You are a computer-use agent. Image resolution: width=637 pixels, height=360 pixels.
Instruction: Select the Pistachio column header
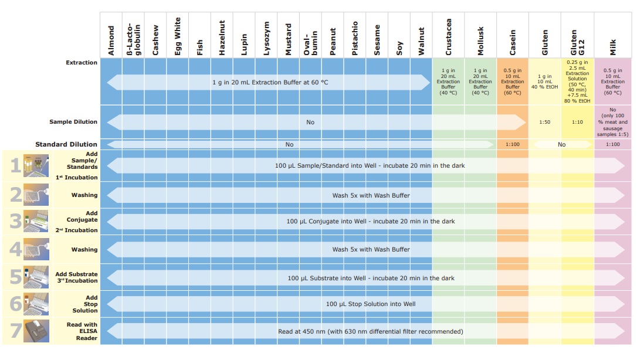[355, 40]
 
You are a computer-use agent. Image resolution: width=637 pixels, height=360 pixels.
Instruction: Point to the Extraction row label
[82, 63]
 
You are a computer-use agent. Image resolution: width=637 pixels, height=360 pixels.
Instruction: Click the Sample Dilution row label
[73, 122]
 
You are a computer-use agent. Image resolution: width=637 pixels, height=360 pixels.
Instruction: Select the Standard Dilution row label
[66, 144]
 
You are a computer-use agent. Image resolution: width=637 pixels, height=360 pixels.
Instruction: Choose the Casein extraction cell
[512, 81]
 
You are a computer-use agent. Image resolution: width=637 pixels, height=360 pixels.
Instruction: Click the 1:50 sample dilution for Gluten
[545, 122]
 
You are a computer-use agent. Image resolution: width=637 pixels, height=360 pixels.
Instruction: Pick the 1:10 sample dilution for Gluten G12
[578, 122]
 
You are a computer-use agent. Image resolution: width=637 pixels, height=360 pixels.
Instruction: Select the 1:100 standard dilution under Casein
[512, 144]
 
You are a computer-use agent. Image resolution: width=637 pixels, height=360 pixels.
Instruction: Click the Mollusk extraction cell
[480, 81]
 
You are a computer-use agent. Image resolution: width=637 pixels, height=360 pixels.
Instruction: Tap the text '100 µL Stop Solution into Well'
[371, 304]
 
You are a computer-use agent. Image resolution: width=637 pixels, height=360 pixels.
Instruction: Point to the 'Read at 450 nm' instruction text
[371, 331]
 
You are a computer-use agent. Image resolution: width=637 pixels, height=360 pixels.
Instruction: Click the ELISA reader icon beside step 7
[36, 331]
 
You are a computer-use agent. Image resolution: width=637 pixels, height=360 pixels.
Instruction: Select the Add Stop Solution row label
[86, 304]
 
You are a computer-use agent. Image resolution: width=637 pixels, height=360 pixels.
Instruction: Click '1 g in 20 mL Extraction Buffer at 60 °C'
[270, 83]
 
